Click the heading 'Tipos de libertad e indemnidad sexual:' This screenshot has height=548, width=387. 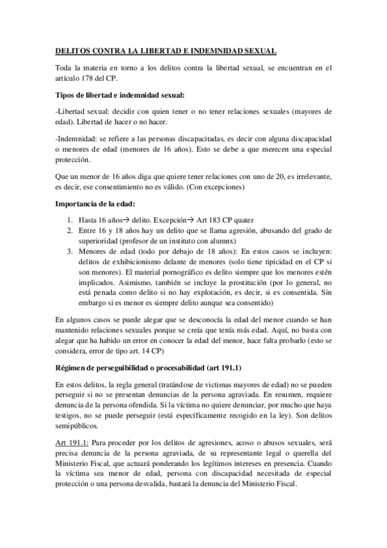pyautogui.click(x=120, y=96)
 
